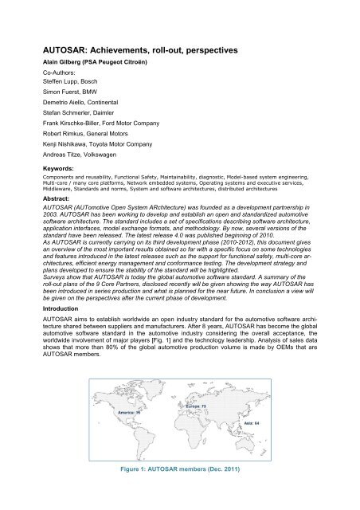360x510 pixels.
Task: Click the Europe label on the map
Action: (195, 407)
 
